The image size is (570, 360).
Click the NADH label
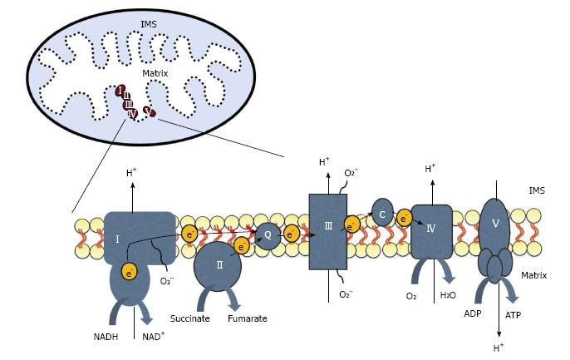coord(106,337)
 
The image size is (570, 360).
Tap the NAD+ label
coord(154,336)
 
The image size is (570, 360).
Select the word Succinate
coord(190,319)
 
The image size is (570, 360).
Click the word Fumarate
coord(248,319)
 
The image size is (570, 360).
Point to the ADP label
coord(473,313)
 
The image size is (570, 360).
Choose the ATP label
coord(513,315)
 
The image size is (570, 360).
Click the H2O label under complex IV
coord(448,295)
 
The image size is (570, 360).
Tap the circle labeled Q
coord(268,235)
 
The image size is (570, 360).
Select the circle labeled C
coord(382,214)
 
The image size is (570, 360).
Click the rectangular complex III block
coord(328,232)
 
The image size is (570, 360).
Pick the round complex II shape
coord(218,266)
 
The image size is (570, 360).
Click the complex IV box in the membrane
coord(431,232)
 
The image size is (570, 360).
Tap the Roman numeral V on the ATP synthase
coord(495,223)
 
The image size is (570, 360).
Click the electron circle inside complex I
coord(130,271)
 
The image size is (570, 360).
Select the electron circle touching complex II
coord(241,247)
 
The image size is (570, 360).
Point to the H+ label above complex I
coord(131,173)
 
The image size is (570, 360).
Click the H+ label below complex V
coord(499,348)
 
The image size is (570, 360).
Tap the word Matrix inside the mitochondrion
coord(155,73)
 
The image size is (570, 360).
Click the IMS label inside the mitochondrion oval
coord(149,24)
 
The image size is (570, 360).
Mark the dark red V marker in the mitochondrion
coord(149,111)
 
